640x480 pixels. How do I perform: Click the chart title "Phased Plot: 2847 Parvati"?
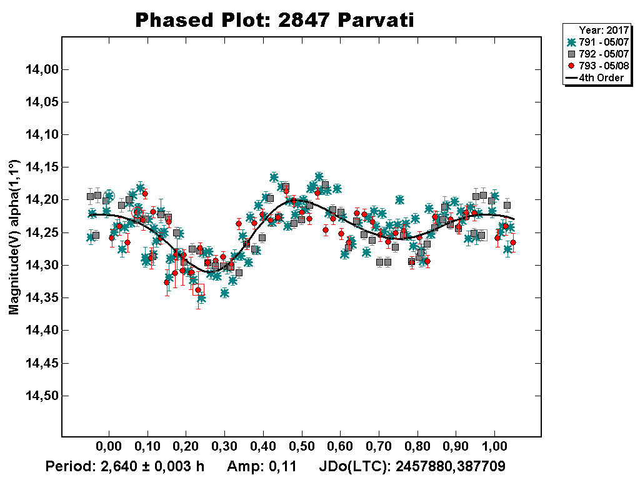point(275,20)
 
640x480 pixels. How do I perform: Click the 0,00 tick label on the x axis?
point(109,448)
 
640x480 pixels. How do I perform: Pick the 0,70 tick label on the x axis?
point(379,448)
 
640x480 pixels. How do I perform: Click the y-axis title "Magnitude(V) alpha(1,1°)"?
point(14,237)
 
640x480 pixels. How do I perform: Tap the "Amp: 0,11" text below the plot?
point(261,466)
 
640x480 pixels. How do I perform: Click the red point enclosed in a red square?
point(198,290)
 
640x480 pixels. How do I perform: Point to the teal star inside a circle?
point(109,195)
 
